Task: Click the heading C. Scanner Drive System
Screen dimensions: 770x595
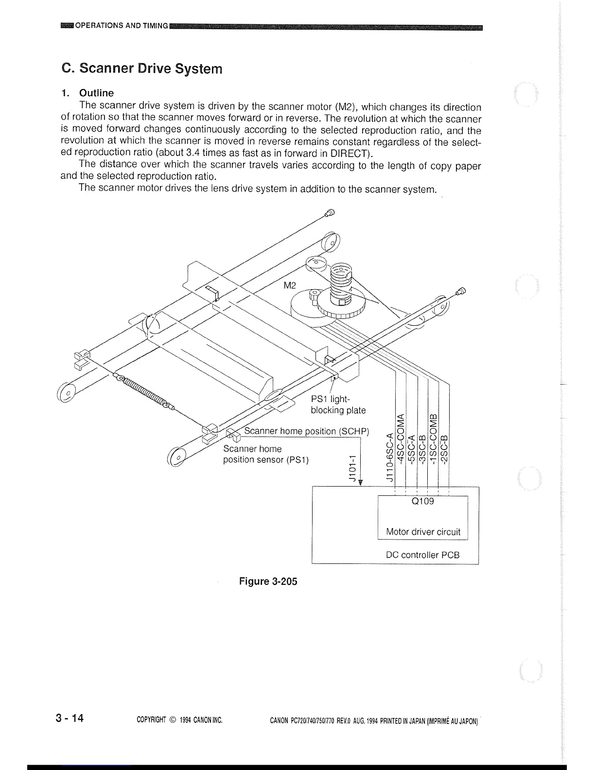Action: (x=142, y=69)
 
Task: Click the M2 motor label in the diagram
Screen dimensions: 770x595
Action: (x=290, y=285)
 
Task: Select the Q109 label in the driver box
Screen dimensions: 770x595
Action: (x=422, y=501)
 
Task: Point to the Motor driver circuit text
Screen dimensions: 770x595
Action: (x=423, y=532)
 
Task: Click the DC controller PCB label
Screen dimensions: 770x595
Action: (x=422, y=555)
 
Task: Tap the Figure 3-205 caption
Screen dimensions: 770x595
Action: (x=268, y=581)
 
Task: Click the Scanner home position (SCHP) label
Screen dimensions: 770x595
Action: (x=306, y=431)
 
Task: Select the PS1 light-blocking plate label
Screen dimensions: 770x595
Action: (x=338, y=405)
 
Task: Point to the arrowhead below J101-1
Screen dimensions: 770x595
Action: (x=361, y=482)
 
